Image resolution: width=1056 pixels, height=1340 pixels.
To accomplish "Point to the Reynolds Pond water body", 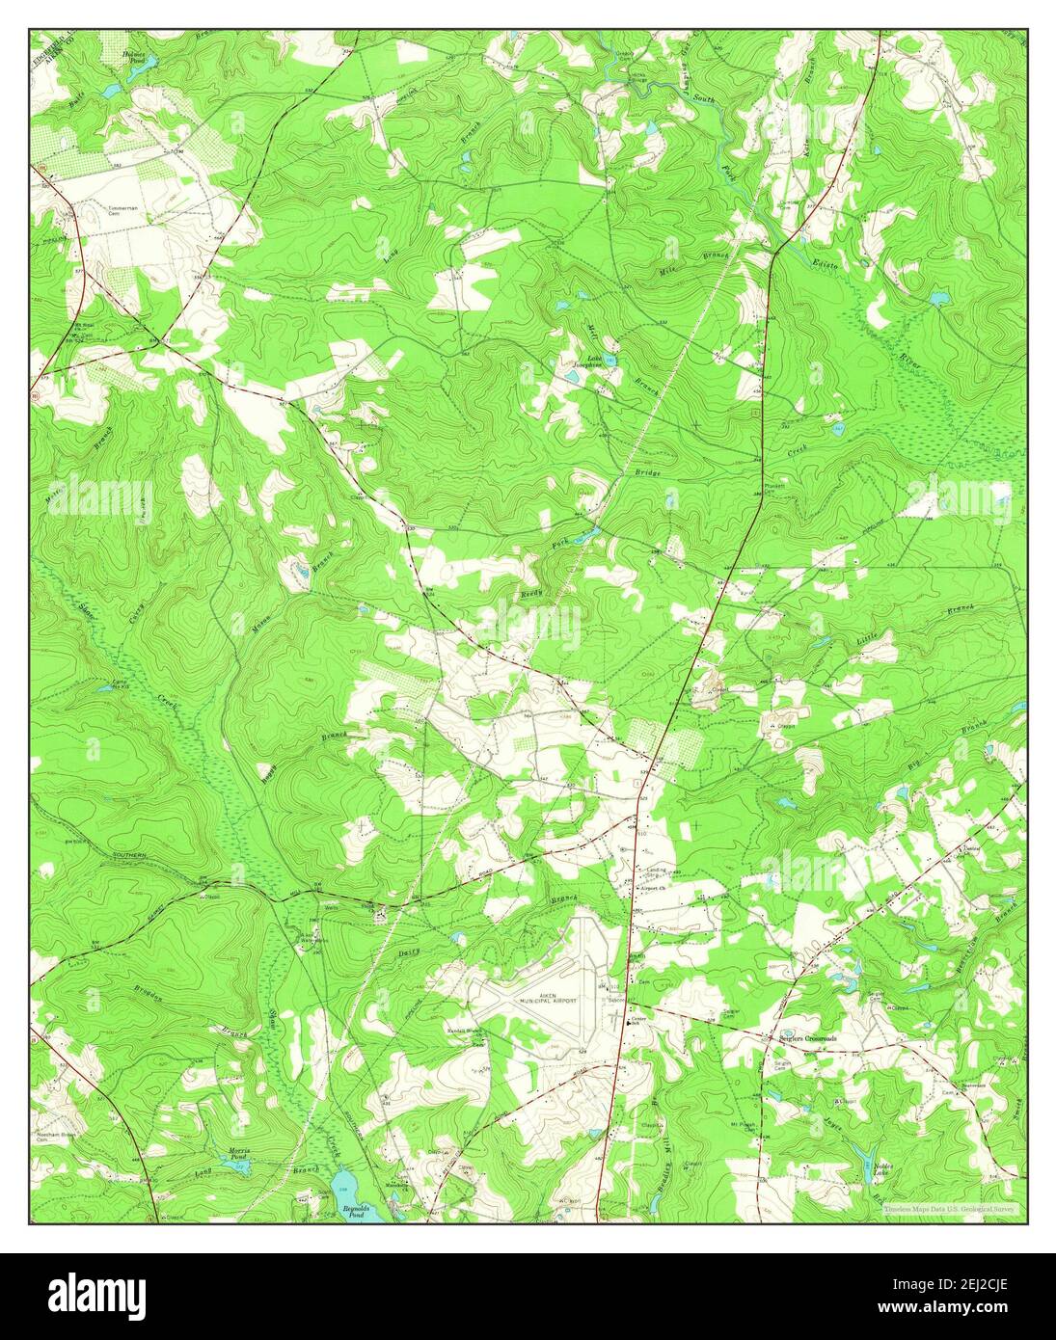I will click(x=350, y=1185).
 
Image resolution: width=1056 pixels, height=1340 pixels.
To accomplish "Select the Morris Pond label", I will click(x=238, y=1155).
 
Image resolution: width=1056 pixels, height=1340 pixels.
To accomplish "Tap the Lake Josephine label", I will click(x=588, y=363).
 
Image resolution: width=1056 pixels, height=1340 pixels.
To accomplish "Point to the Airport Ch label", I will click(x=657, y=889).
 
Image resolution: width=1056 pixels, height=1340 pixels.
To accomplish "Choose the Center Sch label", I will click(x=637, y=1022).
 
